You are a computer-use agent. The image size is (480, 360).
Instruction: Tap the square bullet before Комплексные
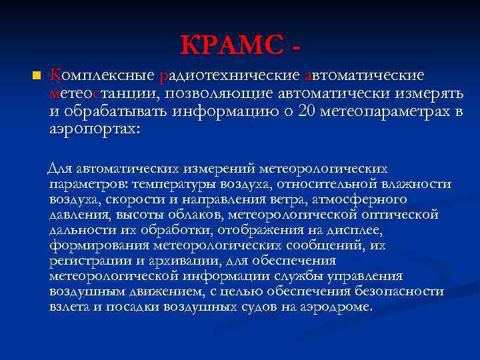[37, 74]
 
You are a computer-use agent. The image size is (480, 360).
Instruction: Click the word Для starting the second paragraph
[63, 169]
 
